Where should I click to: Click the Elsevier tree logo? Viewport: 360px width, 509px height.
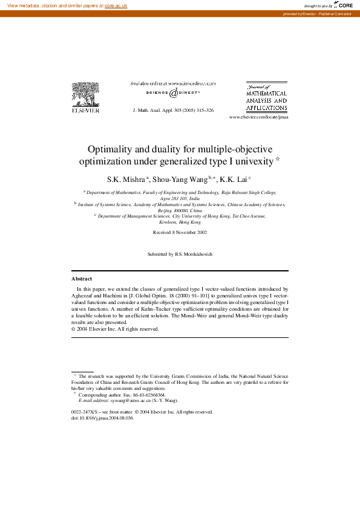click(x=85, y=97)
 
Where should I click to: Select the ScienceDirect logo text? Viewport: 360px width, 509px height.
click(x=173, y=93)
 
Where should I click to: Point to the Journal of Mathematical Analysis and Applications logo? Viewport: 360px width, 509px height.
click(x=266, y=96)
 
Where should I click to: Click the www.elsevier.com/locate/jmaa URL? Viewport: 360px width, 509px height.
click(x=259, y=117)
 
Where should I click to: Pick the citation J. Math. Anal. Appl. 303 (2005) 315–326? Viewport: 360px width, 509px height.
click(x=173, y=111)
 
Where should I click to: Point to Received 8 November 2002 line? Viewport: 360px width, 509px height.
click(x=180, y=232)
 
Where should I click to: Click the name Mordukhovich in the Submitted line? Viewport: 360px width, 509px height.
click(x=194, y=254)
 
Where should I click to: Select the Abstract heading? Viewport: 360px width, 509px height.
click(x=82, y=279)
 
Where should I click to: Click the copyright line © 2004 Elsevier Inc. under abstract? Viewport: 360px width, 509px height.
click(x=115, y=329)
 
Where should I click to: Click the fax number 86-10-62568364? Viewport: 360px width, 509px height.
click(x=147, y=394)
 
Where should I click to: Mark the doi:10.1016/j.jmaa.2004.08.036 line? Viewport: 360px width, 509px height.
click(x=102, y=418)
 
